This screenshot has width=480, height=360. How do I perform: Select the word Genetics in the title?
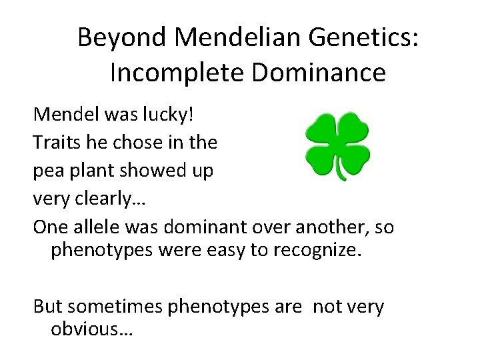coord(360,38)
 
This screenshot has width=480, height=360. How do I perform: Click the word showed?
coord(154,171)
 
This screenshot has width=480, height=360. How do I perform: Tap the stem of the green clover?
coord(342,172)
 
